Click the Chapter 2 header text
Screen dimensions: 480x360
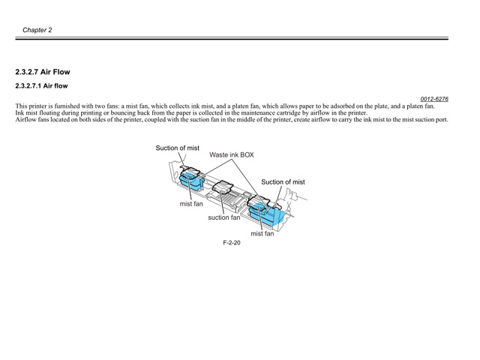click(37, 30)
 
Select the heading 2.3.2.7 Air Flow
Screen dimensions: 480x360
click(43, 72)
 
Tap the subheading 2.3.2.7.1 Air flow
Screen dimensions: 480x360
click(41, 86)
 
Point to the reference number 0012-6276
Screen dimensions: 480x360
click(434, 99)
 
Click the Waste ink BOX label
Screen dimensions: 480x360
click(232, 155)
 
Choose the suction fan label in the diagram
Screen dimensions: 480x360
click(224, 217)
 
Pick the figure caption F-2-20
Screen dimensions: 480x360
click(232, 243)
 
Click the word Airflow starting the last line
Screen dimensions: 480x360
click(25, 119)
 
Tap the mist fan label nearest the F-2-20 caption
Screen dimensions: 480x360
click(262, 233)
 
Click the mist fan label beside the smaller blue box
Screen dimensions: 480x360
click(191, 204)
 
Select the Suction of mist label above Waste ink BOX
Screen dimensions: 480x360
click(178, 148)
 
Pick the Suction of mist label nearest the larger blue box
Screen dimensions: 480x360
click(283, 182)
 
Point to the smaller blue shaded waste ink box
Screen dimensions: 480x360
click(190, 179)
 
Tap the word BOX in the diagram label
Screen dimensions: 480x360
click(247, 155)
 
